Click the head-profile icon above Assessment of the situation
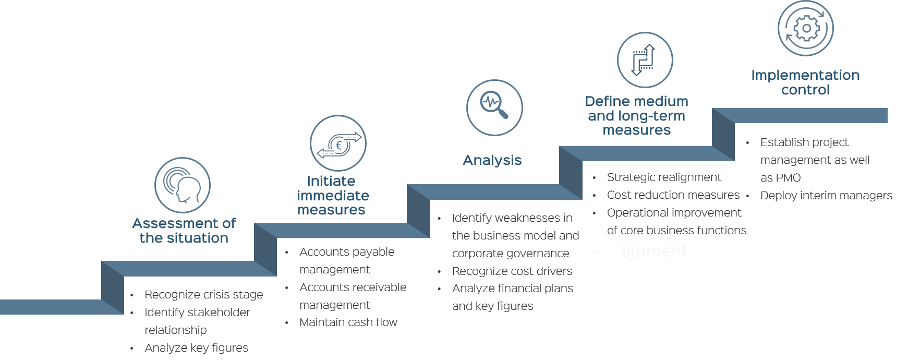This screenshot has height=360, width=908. [x=183, y=185]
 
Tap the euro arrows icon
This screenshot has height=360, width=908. [x=338, y=143]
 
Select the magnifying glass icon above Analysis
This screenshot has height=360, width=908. [x=494, y=107]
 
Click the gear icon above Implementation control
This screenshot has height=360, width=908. [x=805, y=28]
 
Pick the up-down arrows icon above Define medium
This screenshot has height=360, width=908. [x=645, y=60]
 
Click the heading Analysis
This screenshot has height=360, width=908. [x=492, y=160]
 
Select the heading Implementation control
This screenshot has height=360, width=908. [x=805, y=82]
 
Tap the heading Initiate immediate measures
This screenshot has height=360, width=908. [x=332, y=196]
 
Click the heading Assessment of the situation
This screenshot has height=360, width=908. [x=184, y=231]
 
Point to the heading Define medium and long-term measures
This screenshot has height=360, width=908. [x=636, y=116]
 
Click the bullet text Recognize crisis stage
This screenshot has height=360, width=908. [x=203, y=295]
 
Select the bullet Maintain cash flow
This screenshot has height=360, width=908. [x=348, y=322]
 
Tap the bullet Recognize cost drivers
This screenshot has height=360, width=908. [x=512, y=271]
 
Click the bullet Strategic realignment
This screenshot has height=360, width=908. [x=663, y=177]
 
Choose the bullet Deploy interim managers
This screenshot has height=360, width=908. [x=826, y=196]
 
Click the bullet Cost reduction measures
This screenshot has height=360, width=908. [x=673, y=195]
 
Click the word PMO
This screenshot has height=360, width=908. [x=788, y=178]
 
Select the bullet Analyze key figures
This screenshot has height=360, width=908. [x=196, y=348]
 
